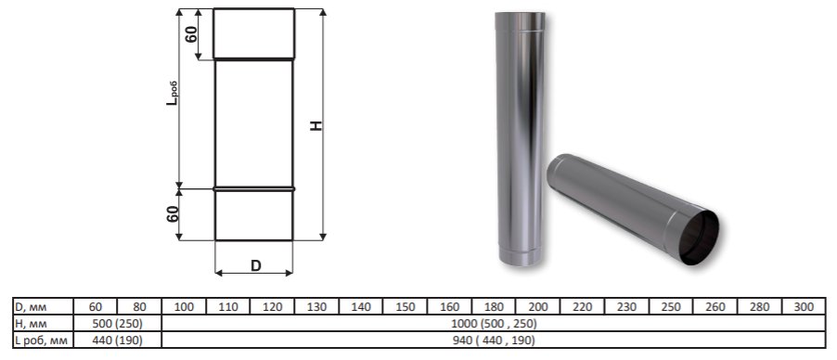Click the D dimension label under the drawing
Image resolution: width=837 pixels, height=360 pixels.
click(x=256, y=265)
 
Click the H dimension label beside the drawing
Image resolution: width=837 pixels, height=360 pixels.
click(x=317, y=125)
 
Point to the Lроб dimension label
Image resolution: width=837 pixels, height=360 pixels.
click(x=172, y=93)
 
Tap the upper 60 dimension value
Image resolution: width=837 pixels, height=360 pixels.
click(x=191, y=33)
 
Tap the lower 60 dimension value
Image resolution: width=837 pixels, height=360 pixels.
click(x=173, y=213)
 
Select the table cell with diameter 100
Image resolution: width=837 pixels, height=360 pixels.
click(x=184, y=306)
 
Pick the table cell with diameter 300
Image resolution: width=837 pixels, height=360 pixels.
click(x=804, y=306)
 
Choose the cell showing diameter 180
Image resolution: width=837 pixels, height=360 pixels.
click(x=494, y=306)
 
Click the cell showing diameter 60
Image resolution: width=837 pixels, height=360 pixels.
click(x=95, y=306)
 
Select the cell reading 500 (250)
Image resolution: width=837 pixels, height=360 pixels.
click(x=118, y=323)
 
